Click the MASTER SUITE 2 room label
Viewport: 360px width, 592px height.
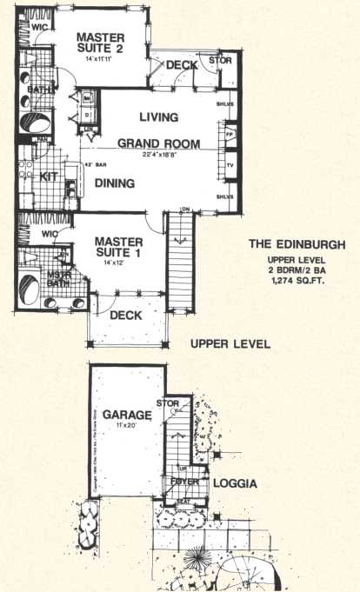tap(99, 43)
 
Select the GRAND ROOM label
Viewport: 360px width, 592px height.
tap(159, 143)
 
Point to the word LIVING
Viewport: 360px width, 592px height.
tap(158, 116)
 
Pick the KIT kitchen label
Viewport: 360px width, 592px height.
tap(50, 176)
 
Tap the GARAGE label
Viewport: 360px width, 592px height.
tap(127, 415)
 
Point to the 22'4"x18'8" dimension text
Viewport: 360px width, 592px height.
tap(160, 156)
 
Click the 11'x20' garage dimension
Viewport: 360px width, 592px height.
tap(127, 427)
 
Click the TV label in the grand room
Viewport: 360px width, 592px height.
tap(230, 163)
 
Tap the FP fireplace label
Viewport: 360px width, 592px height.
tap(230, 136)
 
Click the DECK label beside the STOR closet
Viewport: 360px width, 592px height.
tap(182, 64)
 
